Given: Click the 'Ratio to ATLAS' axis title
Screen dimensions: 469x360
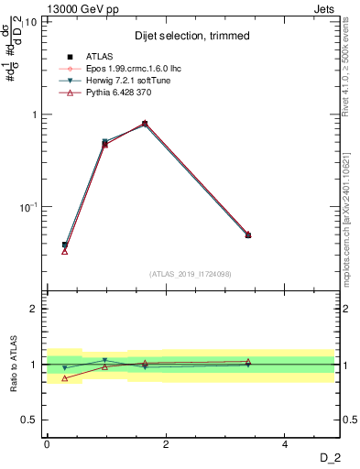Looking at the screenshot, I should [15, 365].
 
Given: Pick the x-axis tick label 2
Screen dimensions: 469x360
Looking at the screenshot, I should [166, 444].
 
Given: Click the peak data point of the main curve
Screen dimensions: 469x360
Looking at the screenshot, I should [145, 123].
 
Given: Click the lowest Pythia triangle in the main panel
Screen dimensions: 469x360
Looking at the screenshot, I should [65, 250].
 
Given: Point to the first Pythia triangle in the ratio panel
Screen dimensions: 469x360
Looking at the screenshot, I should [65, 377].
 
